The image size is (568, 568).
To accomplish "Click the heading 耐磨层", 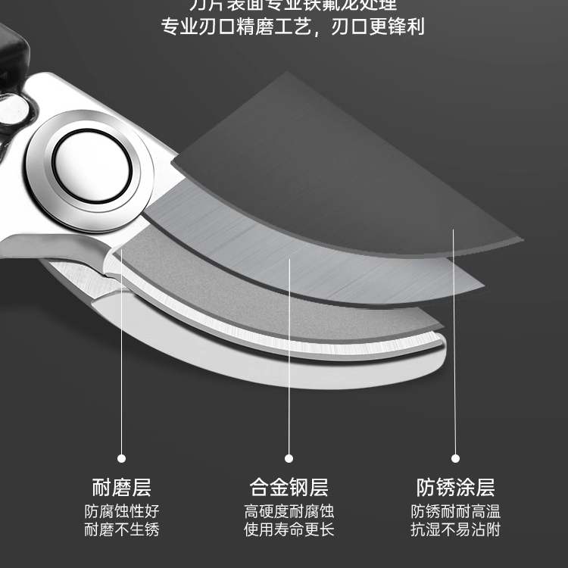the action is pyautogui.click(x=121, y=486).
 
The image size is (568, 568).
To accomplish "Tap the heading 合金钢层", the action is pyautogui.click(x=289, y=486).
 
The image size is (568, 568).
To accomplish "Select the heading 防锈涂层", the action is pyautogui.click(x=455, y=486).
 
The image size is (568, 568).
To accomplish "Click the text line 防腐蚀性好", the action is pyautogui.click(x=121, y=511).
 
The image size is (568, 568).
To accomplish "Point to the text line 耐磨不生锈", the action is pyautogui.click(x=121, y=529).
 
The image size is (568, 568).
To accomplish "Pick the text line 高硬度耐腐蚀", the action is pyautogui.click(x=289, y=511).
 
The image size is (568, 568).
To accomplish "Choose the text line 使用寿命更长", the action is pyautogui.click(x=289, y=529).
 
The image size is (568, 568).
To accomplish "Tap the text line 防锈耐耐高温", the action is pyautogui.click(x=455, y=511).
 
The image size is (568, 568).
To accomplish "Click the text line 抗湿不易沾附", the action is pyautogui.click(x=455, y=529).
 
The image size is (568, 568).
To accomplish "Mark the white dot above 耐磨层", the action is pyautogui.click(x=121, y=458).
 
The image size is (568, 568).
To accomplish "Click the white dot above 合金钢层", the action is pyautogui.click(x=289, y=458).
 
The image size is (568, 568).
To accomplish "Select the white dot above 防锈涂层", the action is pyautogui.click(x=455, y=458).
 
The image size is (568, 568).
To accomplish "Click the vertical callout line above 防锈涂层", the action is pyautogui.click(x=455, y=341).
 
